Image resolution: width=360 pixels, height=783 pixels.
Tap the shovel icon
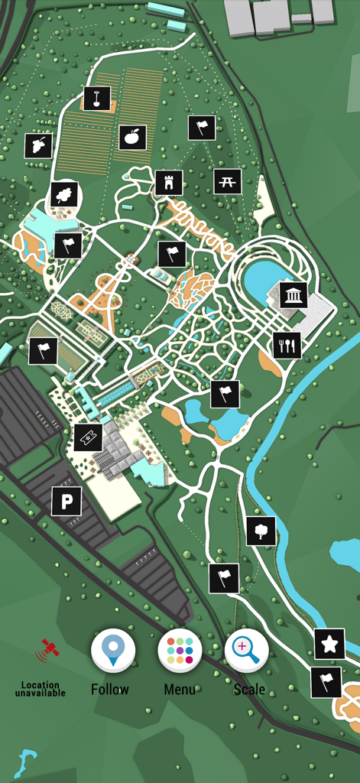pyautogui.click(x=97, y=99)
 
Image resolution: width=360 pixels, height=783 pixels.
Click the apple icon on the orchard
pyautogui.click(x=132, y=138)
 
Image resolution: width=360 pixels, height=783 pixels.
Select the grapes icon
pyautogui.click(x=37, y=145)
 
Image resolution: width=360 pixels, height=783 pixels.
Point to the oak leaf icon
pyautogui.click(x=64, y=194)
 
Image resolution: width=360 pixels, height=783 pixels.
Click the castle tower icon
pyautogui.click(x=169, y=183)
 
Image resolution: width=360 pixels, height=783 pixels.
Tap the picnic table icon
pyautogui.click(x=228, y=181)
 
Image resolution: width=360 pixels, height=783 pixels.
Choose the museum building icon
pyautogui.click(x=294, y=294)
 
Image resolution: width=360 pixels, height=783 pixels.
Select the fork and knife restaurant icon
pyautogui.click(x=287, y=346)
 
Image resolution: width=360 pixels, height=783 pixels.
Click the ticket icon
pyautogui.click(x=88, y=438)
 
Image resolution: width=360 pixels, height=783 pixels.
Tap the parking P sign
pyautogui.click(x=66, y=502)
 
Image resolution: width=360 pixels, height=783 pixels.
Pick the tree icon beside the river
pyautogui.click(x=261, y=531)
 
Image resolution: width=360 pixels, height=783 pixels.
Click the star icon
pyautogui.click(x=329, y=644)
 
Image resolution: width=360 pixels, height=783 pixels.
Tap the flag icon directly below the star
pyautogui.click(x=326, y=681)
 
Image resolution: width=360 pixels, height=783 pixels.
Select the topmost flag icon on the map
pyautogui.click(x=202, y=127)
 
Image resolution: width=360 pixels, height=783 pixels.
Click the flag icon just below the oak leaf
pyautogui.click(x=67, y=245)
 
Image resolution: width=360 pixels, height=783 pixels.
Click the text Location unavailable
pyautogui.click(x=40, y=689)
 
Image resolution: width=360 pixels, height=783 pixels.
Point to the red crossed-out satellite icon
pyautogui.click(x=47, y=650)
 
